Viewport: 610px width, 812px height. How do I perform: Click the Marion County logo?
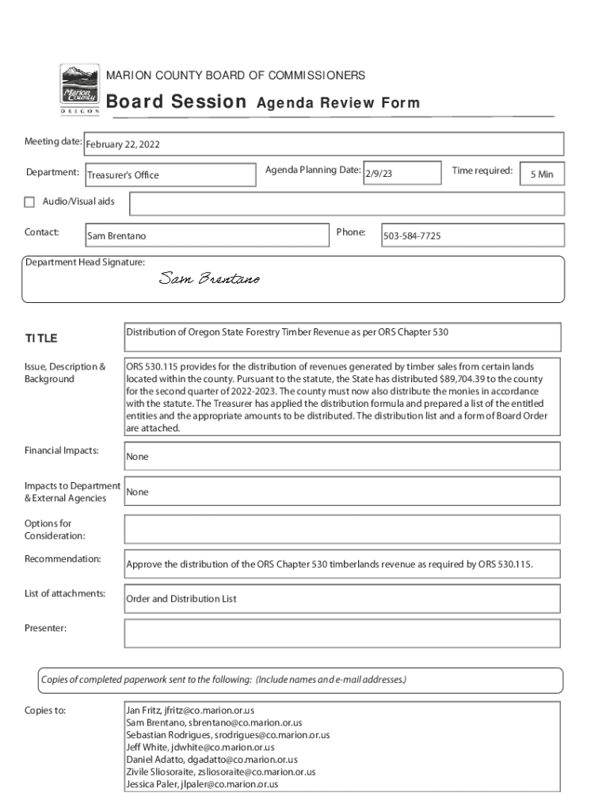pyautogui.click(x=80, y=88)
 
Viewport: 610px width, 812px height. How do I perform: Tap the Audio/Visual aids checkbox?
pyautogui.click(x=29, y=202)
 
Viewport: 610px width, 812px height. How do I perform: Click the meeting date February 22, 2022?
pyautogui.click(x=123, y=145)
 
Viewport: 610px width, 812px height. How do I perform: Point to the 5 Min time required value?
pyautogui.click(x=542, y=174)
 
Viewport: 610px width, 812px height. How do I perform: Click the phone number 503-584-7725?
pyautogui.click(x=412, y=236)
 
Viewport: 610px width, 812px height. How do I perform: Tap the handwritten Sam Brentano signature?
pyautogui.click(x=209, y=278)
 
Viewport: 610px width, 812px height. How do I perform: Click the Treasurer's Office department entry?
pyautogui.click(x=123, y=175)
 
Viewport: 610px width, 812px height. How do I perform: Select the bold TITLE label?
pyautogui.click(x=41, y=339)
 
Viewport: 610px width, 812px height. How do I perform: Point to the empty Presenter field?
pyautogui.click(x=342, y=634)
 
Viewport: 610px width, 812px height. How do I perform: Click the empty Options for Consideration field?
pyautogui.click(x=342, y=529)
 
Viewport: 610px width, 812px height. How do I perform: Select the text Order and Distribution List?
pyautogui.click(x=181, y=599)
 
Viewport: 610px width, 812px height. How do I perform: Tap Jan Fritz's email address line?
pyautogui.click(x=190, y=710)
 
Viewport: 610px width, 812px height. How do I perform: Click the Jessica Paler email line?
pyautogui.click(x=202, y=784)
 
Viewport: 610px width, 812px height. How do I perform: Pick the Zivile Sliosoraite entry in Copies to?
pyautogui.click(x=220, y=772)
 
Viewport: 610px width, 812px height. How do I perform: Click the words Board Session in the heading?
pyautogui.click(x=176, y=102)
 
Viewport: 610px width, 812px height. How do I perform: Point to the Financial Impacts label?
pyautogui.click(x=62, y=450)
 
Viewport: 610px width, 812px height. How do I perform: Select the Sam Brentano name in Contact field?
pyautogui.click(x=116, y=236)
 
